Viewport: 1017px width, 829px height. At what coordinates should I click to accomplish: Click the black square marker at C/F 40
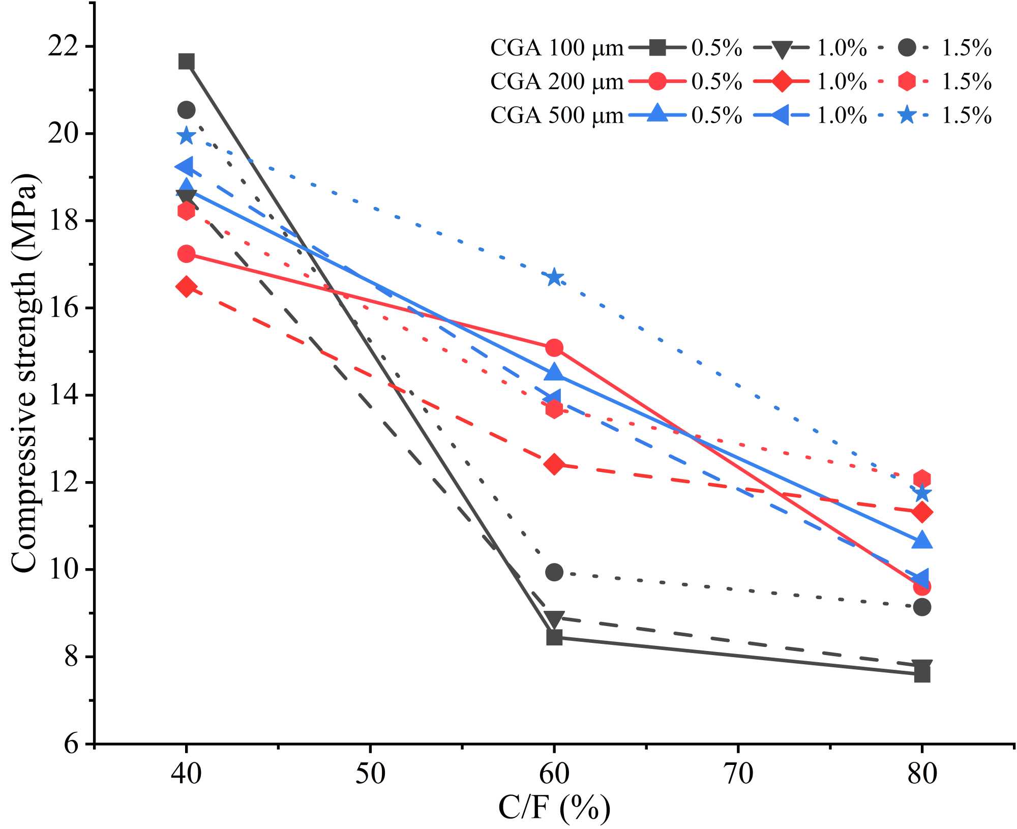point(186,62)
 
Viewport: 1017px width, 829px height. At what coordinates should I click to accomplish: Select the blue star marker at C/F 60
point(554,278)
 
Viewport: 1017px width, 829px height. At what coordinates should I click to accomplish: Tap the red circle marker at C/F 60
point(554,348)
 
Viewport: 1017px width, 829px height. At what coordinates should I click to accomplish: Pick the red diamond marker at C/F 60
point(554,464)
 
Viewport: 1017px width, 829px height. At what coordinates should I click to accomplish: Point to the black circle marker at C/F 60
point(554,572)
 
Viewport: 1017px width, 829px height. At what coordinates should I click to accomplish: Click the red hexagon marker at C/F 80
point(922,479)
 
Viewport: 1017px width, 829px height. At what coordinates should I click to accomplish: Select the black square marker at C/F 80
point(922,674)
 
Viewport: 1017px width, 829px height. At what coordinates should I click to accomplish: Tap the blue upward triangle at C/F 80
point(922,540)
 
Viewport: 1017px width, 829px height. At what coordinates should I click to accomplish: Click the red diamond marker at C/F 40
point(186,287)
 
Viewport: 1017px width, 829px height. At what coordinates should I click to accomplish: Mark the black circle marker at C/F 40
point(186,109)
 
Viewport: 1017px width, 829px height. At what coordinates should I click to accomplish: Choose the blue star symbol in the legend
point(907,115)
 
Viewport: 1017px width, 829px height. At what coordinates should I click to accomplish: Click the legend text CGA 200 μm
point(557,81)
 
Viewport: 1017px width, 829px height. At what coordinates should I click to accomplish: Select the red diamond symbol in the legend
point(782,81)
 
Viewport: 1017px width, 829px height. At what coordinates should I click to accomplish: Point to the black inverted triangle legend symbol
point(782,49)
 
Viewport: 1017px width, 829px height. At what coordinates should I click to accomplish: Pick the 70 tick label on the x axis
point(738,775)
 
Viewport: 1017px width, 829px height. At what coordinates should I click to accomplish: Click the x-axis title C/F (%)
point(554,809)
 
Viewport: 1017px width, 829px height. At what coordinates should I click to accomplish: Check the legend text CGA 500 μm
point(557,115)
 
